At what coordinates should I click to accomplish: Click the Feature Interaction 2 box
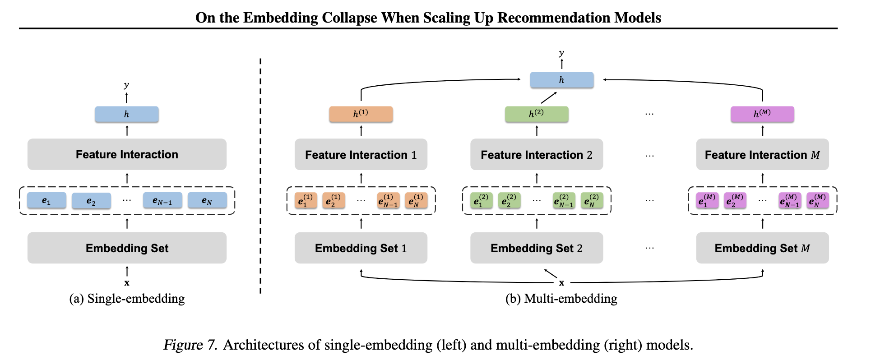[536, 155]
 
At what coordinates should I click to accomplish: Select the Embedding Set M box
[762, 248]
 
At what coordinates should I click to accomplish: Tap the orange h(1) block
[361, 114]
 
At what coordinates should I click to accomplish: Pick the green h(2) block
[536, 114]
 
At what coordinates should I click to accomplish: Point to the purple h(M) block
[762, 114]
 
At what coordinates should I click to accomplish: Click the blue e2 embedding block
[91, 201]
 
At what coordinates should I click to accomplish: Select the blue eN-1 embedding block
[162, 201]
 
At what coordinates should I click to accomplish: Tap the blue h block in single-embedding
[126, 114]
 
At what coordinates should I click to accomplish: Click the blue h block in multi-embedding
[561, 80]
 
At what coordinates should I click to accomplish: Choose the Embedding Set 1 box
[361, 248]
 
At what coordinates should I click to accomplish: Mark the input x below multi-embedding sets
[561, 283]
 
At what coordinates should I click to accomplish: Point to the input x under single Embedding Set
[127, 283]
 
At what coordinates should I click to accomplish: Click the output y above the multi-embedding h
[561, 53]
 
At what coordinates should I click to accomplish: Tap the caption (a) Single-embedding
[127, 299]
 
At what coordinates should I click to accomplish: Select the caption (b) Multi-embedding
[561, 299]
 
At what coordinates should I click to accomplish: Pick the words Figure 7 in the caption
[190, 345]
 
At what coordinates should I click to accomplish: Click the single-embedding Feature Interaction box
[127, 154]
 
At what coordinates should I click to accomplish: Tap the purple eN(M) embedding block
[818, 200]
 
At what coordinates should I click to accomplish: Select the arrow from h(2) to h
[548, 97]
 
